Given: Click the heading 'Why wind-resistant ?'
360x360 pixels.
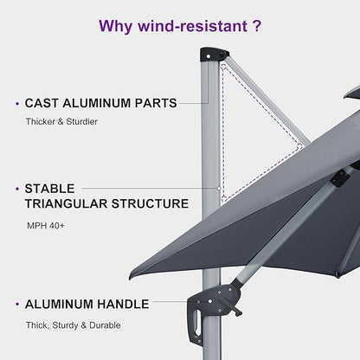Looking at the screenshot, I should (179, 26).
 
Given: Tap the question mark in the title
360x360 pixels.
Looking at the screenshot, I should (256, 26).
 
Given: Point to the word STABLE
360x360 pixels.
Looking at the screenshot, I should (49, 188).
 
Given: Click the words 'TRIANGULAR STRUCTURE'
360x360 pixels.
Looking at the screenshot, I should (106, 204).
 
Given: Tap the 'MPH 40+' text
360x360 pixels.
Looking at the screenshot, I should (45, 227).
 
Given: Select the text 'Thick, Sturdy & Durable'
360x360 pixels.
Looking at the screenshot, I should (73, 325).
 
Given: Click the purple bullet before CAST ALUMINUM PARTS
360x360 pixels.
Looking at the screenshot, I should (17, 104).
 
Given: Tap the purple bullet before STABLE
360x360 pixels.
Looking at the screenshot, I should (17, 188).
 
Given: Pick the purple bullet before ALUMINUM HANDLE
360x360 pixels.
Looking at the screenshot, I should (17, 305).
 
